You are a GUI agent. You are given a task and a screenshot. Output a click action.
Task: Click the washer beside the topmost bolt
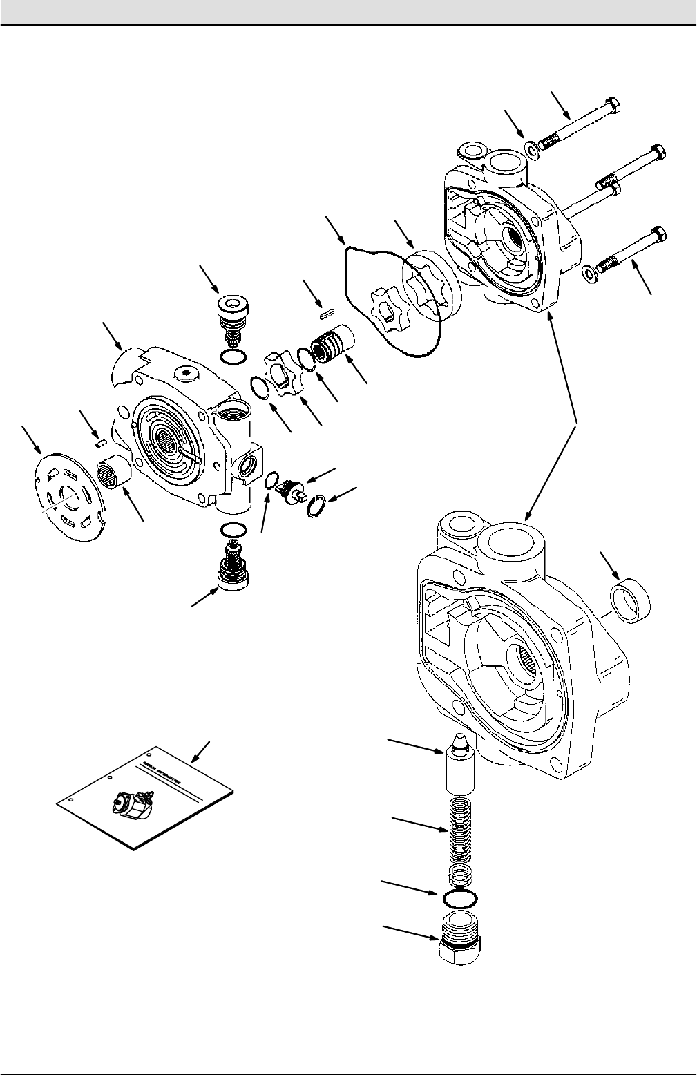click(531, 149)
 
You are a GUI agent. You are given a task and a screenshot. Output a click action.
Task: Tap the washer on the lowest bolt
click(590, 270)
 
